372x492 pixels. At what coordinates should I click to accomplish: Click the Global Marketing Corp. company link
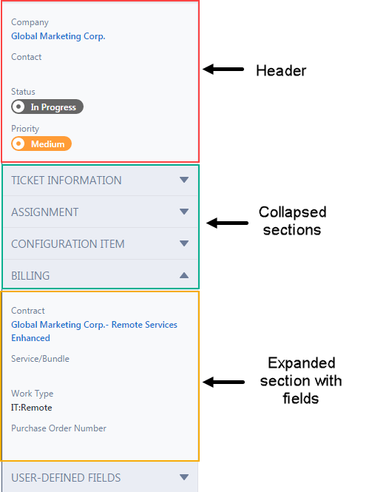click(58, 36)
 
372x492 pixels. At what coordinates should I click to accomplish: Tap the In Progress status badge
click(47, 107)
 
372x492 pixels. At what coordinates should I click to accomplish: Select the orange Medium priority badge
click(41, 144)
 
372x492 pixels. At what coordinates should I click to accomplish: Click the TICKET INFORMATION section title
click(66, 181)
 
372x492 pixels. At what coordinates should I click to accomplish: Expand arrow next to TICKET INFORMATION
click(184, 180)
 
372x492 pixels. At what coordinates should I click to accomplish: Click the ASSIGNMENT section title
click(45, 212)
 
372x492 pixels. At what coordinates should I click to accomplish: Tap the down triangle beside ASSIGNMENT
click(184, 212)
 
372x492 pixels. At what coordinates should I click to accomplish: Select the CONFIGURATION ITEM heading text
click(68, 244)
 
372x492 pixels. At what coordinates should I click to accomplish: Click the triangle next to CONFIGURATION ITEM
click(184, 243)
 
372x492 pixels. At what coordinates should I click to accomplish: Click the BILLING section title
click(30, 275)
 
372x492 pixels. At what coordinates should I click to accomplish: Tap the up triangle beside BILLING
click(184, 275)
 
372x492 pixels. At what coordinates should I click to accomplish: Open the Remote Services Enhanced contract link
click(94, 331)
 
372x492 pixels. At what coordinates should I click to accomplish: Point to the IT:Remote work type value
click(32, 408)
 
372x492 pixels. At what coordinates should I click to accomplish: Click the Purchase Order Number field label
click(58, 428)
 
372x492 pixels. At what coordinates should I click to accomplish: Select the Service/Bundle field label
click(40, 359)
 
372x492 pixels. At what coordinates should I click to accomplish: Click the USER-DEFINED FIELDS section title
click(66, 477)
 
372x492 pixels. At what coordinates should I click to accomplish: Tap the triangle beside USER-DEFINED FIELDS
click(184, 477)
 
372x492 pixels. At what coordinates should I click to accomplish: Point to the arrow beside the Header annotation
click(223, 69)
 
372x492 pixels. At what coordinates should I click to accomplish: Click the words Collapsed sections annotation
click(292, 221)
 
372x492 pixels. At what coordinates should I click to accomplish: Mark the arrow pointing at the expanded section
click(223, 382)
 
